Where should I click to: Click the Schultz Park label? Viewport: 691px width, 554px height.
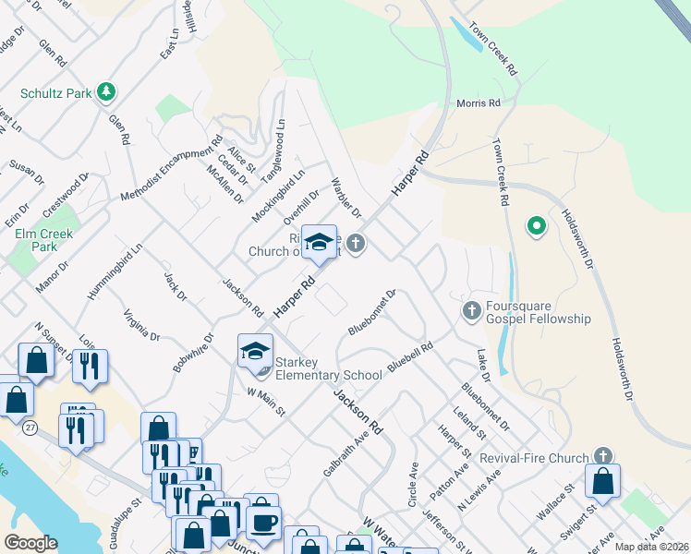(55, 93)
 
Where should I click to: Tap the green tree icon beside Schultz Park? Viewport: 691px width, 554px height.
(107, 91)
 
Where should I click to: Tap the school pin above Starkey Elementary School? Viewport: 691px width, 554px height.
(255, 351)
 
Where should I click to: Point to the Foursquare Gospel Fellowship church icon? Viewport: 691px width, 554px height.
(471, 310)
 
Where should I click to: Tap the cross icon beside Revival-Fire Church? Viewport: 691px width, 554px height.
(602, 456)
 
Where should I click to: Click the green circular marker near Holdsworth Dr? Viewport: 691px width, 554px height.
(535, 225)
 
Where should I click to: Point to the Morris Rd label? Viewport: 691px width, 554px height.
(479, 103)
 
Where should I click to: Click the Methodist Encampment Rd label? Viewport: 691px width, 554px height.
(173, 170)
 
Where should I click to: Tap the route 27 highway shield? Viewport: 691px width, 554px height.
(30, 427)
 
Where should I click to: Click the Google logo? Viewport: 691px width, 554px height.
(30, 543)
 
